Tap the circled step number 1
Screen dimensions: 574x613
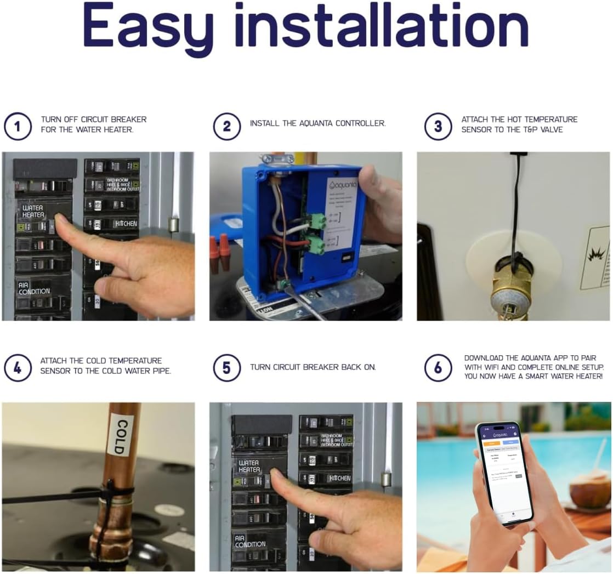coord(18,127)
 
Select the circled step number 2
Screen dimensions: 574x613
coord(226,127)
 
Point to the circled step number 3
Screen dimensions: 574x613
coord(438,127)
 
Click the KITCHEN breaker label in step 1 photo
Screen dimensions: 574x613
coord(125,224)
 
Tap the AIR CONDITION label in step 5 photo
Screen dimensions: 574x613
coord(249,542)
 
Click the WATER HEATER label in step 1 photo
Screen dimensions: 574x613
coord(33,212)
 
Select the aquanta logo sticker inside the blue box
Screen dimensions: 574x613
coord(342,185)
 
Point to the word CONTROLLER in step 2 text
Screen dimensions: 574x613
coord(360,124)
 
